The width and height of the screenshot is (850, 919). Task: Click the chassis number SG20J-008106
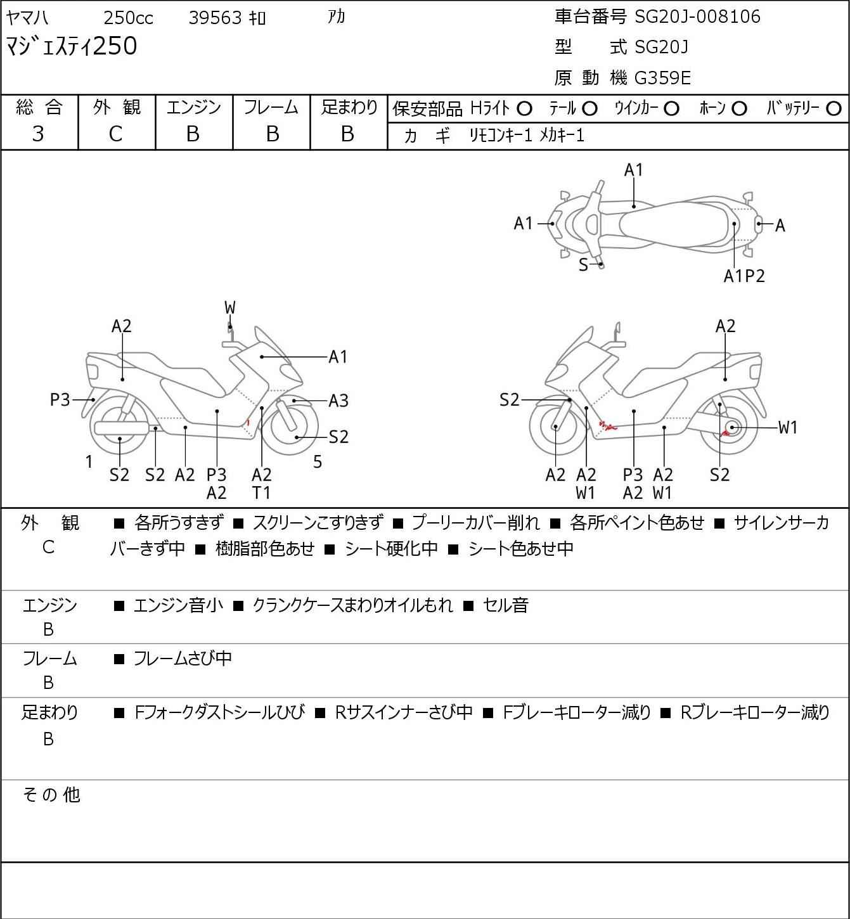coord(697,16)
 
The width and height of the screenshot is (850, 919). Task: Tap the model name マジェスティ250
coord(71,47)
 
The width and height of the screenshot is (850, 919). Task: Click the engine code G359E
coord(663,78)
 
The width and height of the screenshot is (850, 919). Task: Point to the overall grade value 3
coord(39,134)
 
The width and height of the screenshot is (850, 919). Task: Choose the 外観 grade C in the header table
coord(116,134)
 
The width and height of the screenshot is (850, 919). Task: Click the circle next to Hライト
coord(524,109)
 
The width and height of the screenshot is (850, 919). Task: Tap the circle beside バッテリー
coord(834,109)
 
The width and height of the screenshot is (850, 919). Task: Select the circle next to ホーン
coord(739,109)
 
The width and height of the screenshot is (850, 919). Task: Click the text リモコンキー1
coord(500,136)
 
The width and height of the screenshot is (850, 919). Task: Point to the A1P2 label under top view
coord(744,276)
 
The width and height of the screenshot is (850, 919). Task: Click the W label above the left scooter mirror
coord(229,308)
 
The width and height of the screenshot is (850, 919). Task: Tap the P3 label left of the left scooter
coord(60,401)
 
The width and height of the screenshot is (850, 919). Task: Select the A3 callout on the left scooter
coord(338,401)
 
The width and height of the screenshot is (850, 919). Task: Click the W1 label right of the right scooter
coord(787,428)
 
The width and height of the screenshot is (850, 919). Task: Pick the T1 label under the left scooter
coord(261,492)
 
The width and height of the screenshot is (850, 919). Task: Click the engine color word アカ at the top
coord(337,16)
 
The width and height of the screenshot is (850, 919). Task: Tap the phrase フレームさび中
coord(183,659)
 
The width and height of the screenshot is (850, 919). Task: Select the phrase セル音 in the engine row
coord(505,605)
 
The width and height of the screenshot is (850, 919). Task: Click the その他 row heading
coord(51,794)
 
